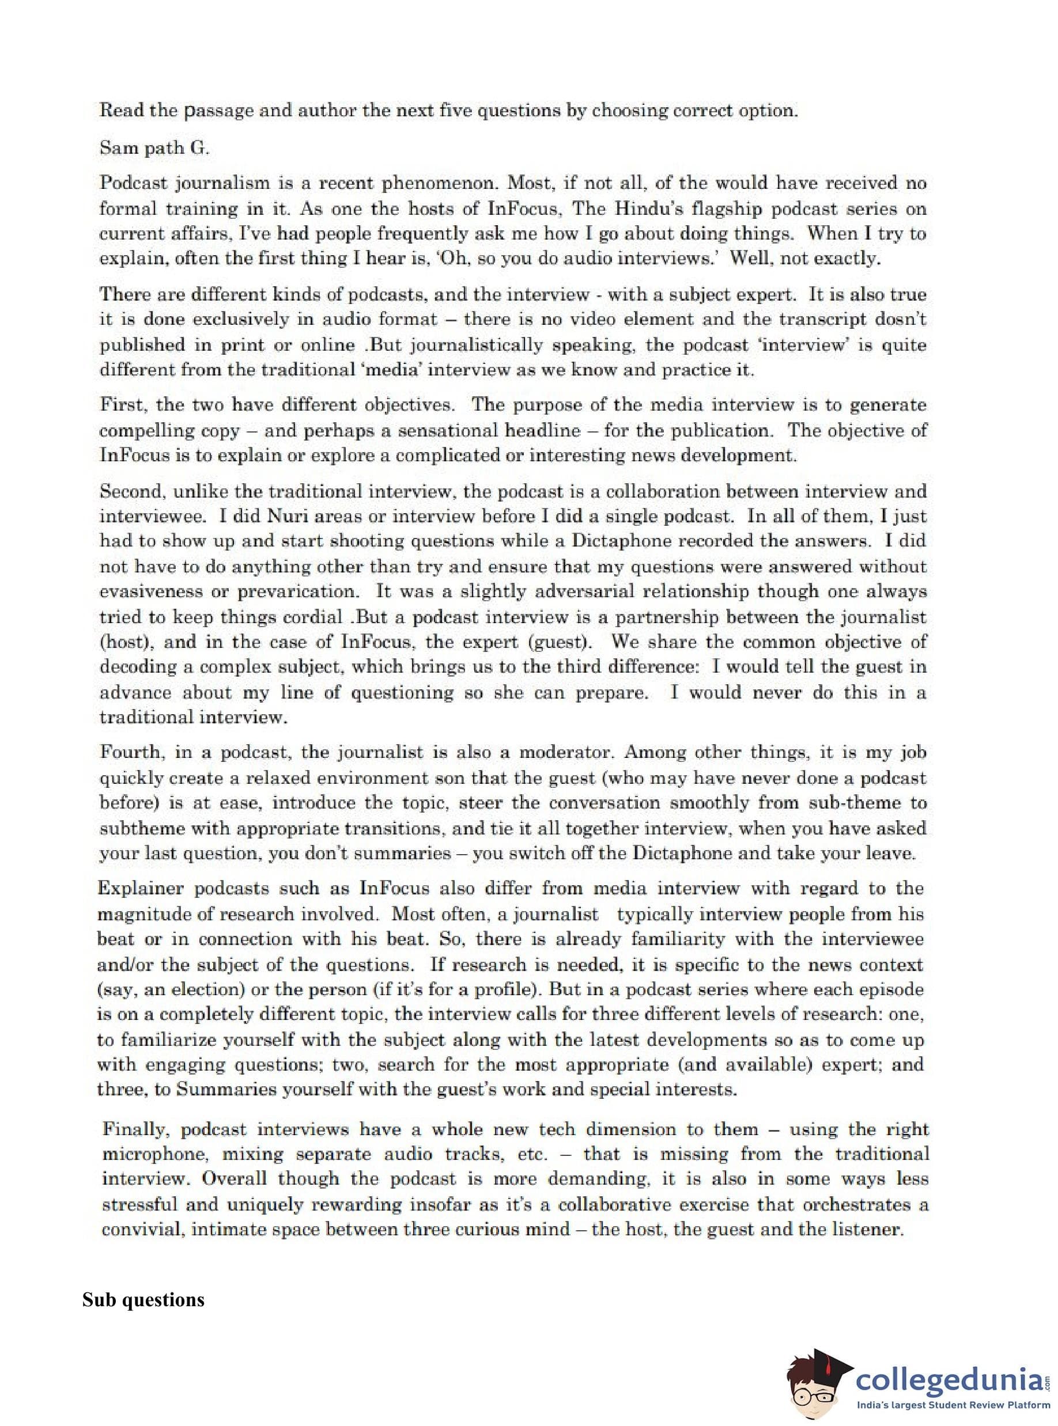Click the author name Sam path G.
pyautogui.click(x=154, y=148)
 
